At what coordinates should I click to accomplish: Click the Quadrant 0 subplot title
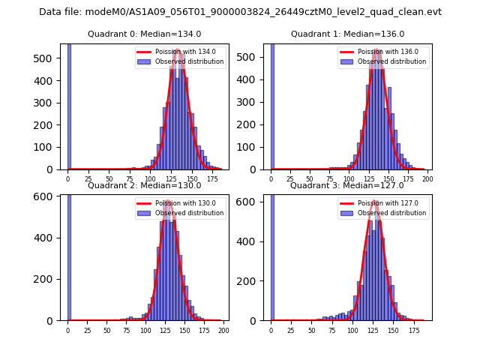click(x=144, y=34)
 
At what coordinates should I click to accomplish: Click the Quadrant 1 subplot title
click(x=347, y=34)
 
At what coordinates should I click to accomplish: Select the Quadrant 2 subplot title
click(x=144, y=185)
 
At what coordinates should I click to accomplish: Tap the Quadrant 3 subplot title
click(x=347, y=185)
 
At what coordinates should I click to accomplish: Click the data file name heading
click(x=240, y=12)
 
